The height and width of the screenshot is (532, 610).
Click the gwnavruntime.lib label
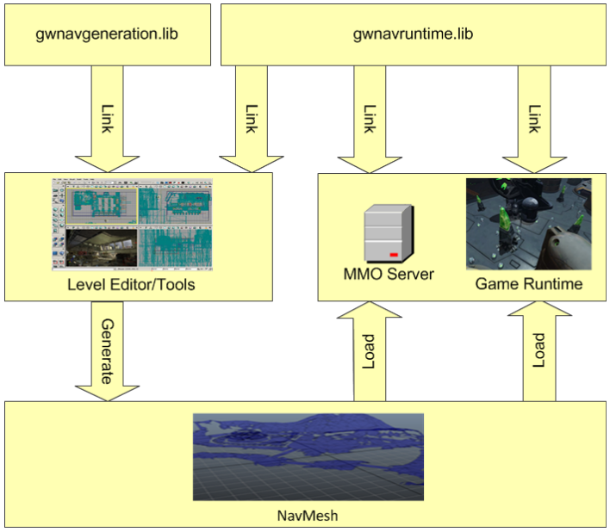pyautogui.click(x=414, y=34)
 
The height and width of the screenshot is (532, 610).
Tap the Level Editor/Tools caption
pyautogui.click(x=138, y=283)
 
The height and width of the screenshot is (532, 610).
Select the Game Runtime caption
pyautogui.click(x=529, y=282)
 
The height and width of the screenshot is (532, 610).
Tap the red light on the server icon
pyautogui.click(x=394, y=256)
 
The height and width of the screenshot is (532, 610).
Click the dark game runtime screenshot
pyautogui.click(x=528, y=224)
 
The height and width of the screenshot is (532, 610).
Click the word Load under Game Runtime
pyautogui.click(x=538, y=350)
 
